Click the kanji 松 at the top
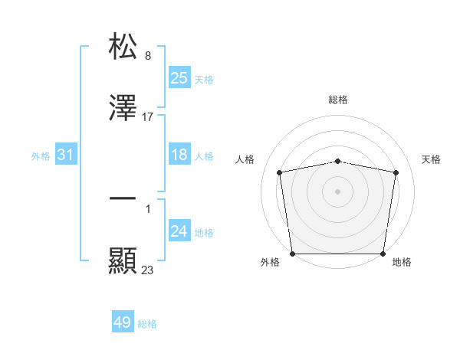pos(123,47)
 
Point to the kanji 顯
pos(123,261)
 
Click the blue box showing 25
pos(179,77)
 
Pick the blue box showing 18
pos(179,155)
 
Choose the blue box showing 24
pos(179,231)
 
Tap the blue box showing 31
pos(66,155)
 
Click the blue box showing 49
pos(123,322)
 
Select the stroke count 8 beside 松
pos(147,55)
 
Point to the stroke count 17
pos(148,117)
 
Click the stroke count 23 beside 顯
pos(148,270)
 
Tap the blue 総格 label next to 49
pos(147,324)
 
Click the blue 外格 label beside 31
pos(41,156)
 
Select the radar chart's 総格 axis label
pos(338,100)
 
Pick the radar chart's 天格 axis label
pos(432,159)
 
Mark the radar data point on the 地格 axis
pos(383,254)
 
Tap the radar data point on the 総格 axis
pos(338,161)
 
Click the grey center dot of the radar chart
pos(338,191)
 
